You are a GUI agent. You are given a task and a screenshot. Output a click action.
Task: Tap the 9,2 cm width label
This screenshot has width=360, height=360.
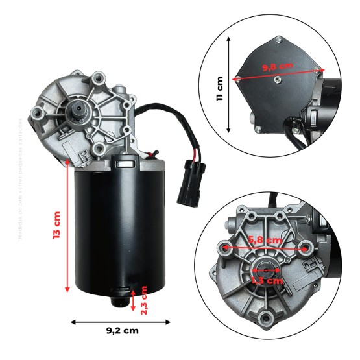(x=122, y=331)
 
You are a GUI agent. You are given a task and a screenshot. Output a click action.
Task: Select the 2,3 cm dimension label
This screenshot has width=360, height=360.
(x=144, y=299)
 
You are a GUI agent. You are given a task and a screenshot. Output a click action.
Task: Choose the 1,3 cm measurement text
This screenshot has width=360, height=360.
(x=267, y=282)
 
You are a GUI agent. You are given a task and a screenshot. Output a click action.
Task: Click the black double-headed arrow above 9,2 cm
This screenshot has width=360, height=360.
(x=120, y=320)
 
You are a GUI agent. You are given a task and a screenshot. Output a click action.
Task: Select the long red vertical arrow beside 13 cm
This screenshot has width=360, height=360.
(x=68, y=228)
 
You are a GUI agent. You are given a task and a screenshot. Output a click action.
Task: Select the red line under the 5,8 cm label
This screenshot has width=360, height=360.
(x=265, y=248)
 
